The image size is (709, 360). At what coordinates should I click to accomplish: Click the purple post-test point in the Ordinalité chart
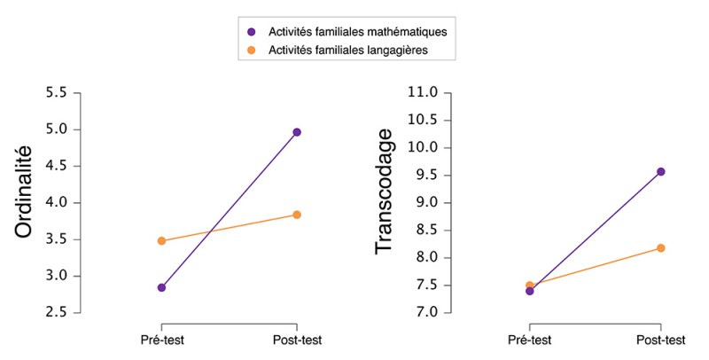[297, 132]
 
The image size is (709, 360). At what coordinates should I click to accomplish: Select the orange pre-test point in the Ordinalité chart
[161, 240]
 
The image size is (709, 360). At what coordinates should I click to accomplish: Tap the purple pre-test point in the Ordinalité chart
[161, 287]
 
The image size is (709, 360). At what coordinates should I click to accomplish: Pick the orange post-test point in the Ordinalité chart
[297, 215]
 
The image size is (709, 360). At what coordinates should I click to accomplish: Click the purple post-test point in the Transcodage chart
[660, 171]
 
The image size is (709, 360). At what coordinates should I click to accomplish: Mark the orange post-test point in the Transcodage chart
[660, 248]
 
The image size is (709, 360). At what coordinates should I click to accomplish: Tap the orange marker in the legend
[251, 51]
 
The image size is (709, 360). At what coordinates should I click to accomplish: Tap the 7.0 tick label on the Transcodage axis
[425, 312]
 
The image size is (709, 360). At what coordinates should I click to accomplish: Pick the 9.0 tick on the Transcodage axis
[425, 202]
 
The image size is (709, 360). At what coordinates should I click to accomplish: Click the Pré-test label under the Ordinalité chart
[161, 340]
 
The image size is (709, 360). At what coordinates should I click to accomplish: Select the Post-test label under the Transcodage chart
[660, 340]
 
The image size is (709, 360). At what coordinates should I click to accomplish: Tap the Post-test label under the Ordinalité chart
[297, 340]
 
